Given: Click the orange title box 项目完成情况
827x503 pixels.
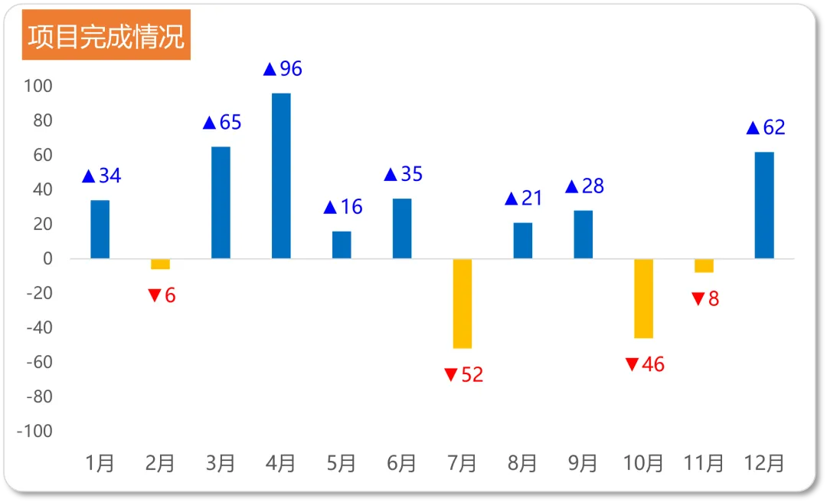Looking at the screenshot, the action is point(106,35).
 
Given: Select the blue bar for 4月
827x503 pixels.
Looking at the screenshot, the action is point(281,176).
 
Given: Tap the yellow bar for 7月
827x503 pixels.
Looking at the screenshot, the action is point(463,304).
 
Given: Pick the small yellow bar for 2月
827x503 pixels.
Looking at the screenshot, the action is point(160,265).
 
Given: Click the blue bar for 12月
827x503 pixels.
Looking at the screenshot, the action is point(764,205).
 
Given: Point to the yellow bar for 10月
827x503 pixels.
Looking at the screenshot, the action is point(643,298).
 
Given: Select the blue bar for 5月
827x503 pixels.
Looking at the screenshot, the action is point(342,245).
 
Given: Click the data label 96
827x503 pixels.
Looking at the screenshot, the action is point(291,69).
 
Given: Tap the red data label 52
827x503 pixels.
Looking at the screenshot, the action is point(472,375).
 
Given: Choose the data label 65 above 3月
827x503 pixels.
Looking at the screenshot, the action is point(230,123).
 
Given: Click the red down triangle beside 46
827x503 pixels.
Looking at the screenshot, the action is point(632,364).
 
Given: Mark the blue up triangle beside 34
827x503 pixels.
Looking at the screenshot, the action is point(89,176).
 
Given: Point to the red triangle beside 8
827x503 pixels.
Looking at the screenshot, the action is point(698,299).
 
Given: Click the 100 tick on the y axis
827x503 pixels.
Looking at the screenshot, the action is point(38,86).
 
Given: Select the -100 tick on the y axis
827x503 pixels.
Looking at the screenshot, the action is point(34,431).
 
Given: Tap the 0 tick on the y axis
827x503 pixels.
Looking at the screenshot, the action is point(48,258).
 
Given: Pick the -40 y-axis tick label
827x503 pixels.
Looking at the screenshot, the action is point(40,327).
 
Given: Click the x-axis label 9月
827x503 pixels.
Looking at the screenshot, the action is point(583,463).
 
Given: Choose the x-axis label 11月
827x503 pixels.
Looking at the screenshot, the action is point(704,463).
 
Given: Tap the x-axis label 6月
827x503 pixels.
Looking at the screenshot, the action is point(401,463).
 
